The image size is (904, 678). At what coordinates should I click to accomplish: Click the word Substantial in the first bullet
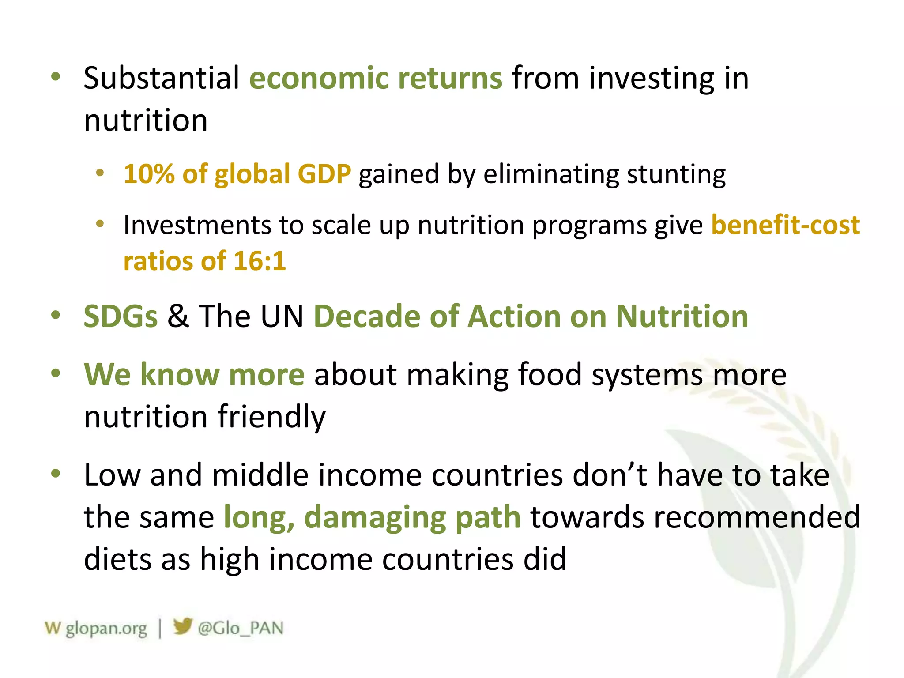click(x=162, y=78)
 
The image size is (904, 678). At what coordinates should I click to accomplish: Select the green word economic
click(x=319, y=78)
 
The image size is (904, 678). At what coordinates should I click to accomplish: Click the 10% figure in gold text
click(x=149, y=173)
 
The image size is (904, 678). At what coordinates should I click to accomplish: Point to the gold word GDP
click(x=324, y=173)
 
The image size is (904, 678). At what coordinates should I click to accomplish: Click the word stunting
click(x=676, y=174)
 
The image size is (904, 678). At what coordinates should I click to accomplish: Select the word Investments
click(x=197, y=225)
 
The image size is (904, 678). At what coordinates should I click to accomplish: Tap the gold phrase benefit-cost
click(x=785, y=225)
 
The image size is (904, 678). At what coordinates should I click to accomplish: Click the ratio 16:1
click(x=260, y=261)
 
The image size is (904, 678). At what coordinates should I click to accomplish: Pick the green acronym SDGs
click(x=121, y=316)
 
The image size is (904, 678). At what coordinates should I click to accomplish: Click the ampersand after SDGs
click(x=178, y=316)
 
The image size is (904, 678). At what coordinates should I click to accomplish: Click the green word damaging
click(x=374, y=517)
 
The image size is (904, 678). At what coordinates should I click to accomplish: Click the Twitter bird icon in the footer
click(x=182, y=626)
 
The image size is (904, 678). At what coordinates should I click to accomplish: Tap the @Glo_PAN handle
click(x=241, y=628)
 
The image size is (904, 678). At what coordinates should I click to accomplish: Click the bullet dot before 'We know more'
click(x=56, y=373)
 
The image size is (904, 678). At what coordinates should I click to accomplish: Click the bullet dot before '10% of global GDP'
click(x=100, y=173)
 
